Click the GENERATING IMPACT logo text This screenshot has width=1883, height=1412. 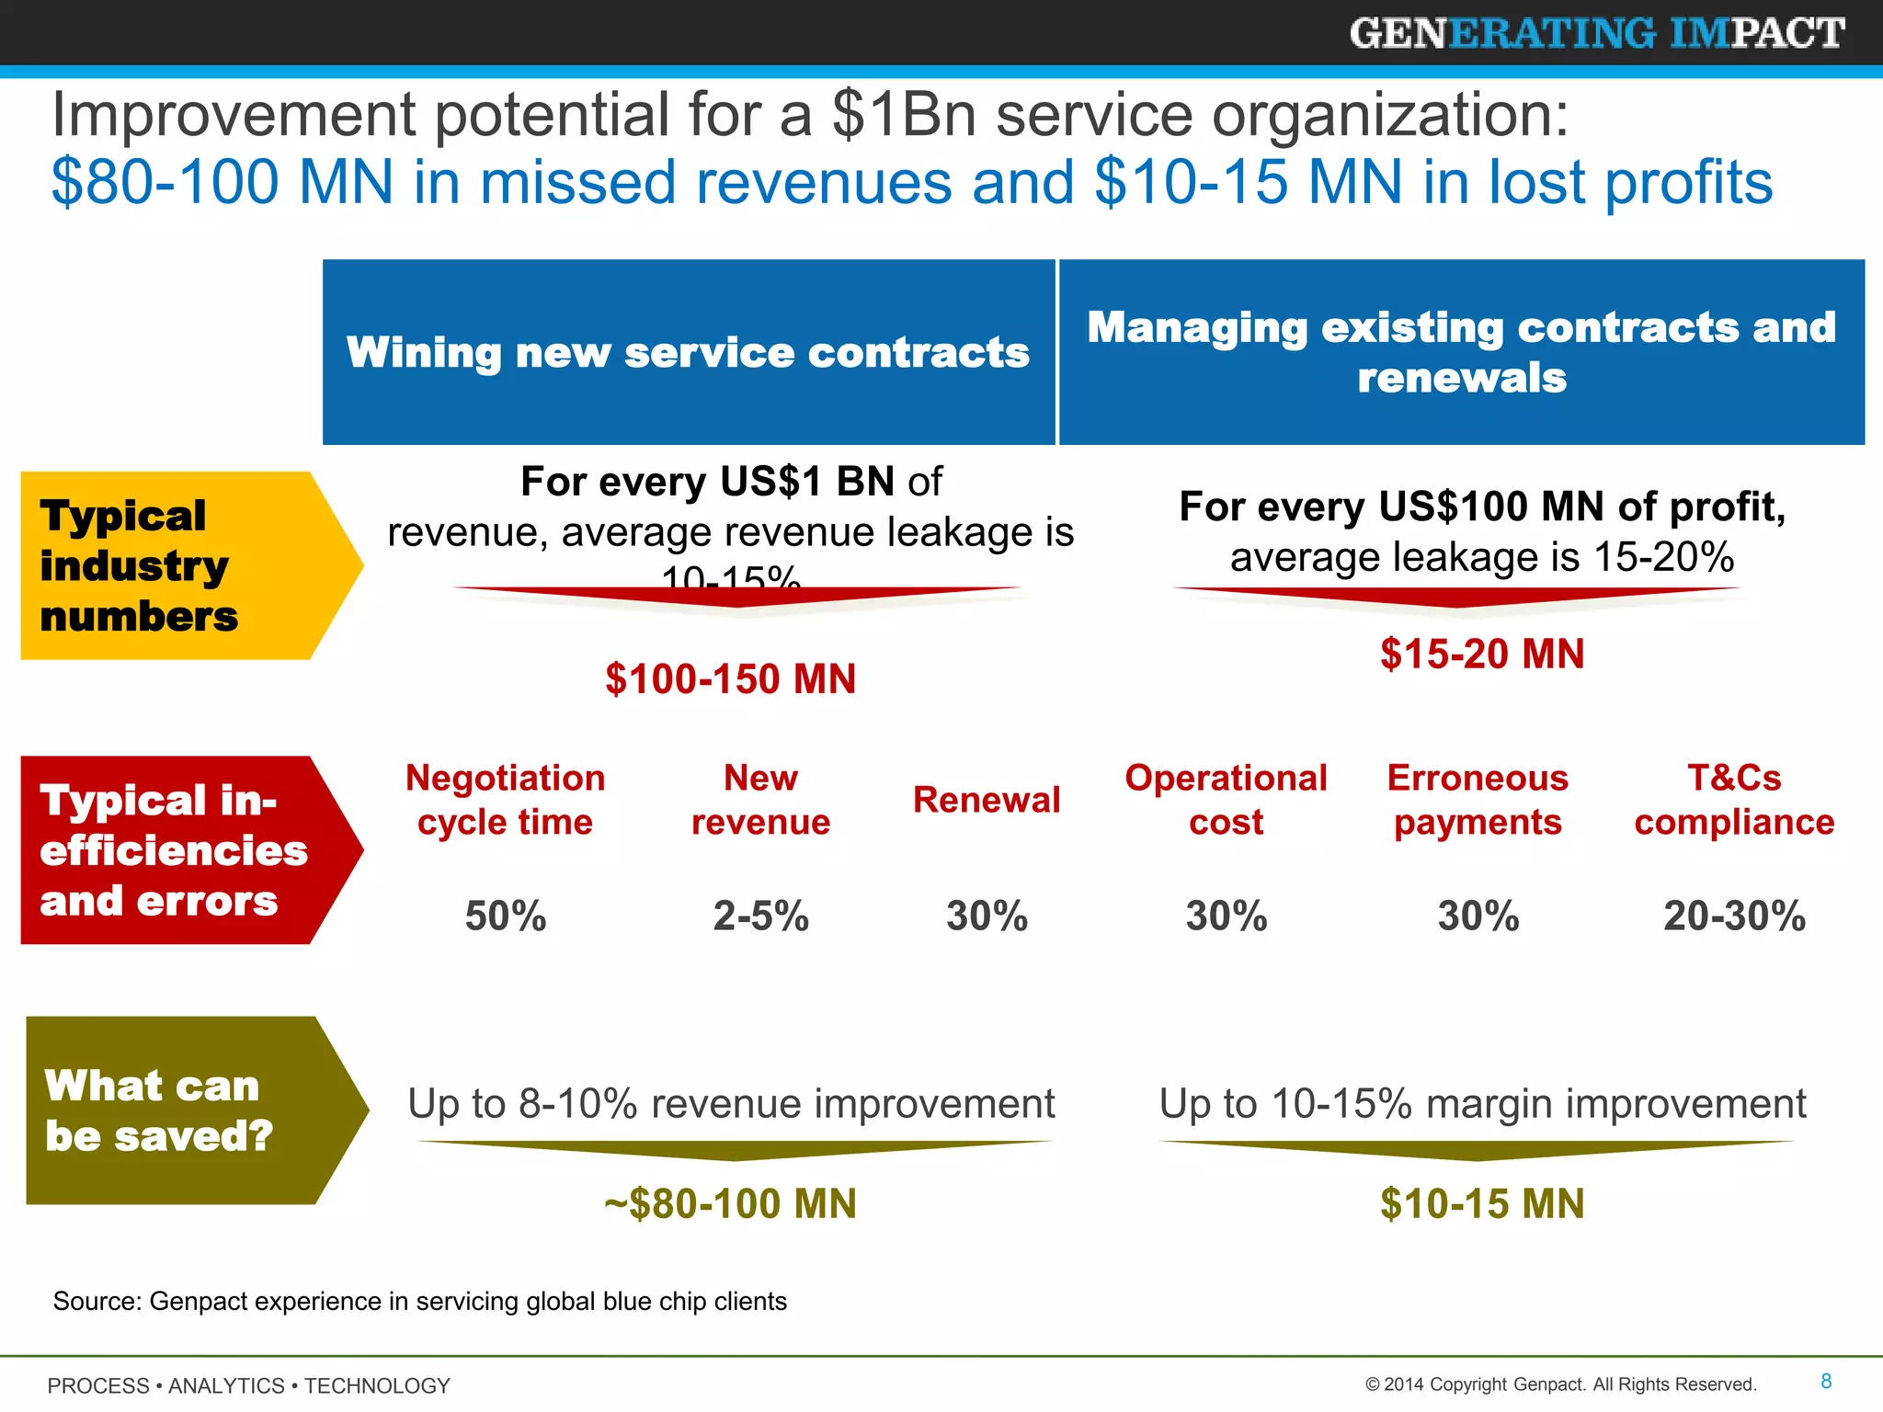point(1596,34)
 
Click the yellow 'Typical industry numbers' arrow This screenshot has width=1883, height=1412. point(175,565)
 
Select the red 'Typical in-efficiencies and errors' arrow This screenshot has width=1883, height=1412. point(175,850)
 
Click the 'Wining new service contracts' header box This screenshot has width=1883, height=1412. point(688,352)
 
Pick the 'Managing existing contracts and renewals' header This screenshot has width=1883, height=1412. point(1461,352)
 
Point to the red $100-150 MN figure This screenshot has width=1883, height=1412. point(730,679)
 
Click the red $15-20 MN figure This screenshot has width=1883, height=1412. point(1482,655)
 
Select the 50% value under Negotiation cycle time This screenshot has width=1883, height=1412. point(505,917)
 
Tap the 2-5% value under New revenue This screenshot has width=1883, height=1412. point(760,917)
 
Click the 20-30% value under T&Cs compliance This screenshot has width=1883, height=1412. point(1734,917)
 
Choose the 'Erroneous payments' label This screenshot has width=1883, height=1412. point(1478,800)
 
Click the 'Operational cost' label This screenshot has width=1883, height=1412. point(1226,800)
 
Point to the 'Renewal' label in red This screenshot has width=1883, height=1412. point(987,800)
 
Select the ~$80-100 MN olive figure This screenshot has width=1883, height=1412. point(730,1204)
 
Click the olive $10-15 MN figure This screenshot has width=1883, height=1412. point(1482,1204)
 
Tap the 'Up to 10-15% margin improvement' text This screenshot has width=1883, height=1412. point(1482,1103)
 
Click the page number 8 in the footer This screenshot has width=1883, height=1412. point(1826,1381)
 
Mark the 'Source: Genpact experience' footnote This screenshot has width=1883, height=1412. point(419,1302)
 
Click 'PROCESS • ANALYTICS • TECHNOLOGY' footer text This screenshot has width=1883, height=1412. point(248,1385)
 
